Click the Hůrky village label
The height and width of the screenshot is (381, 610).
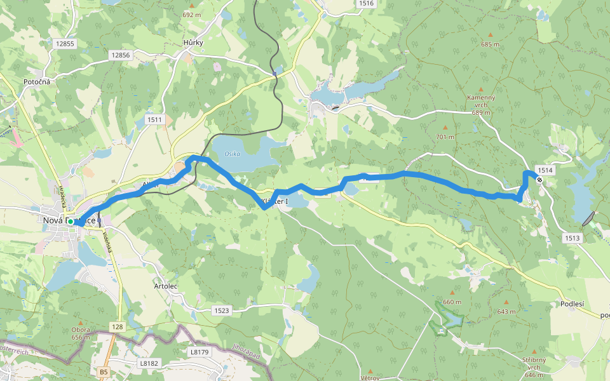point(193,43)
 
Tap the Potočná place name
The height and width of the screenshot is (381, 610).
point(37,82)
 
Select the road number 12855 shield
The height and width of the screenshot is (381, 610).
point(65,44)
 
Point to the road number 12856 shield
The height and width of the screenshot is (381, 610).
point(120,55)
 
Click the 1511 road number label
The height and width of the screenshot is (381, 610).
point(154,119)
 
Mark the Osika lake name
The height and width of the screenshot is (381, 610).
point(232,154)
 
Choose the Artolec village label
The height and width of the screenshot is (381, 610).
point(165,286)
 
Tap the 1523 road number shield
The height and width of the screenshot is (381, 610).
point(222,311)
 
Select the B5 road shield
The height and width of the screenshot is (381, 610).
point(104,371)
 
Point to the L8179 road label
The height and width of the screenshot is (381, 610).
point(199,351)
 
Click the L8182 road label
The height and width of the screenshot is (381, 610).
point(148,363)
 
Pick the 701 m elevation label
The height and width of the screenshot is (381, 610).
point(445,137)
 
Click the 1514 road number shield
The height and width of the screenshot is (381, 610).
point(545,170)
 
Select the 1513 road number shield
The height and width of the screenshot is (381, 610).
point(572,237)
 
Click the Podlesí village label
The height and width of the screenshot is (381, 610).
point(573,304)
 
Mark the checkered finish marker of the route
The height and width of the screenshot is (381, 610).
point(539,180)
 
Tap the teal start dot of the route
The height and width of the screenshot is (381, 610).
point(71,222)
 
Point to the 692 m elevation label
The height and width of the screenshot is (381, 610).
point(191,14)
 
